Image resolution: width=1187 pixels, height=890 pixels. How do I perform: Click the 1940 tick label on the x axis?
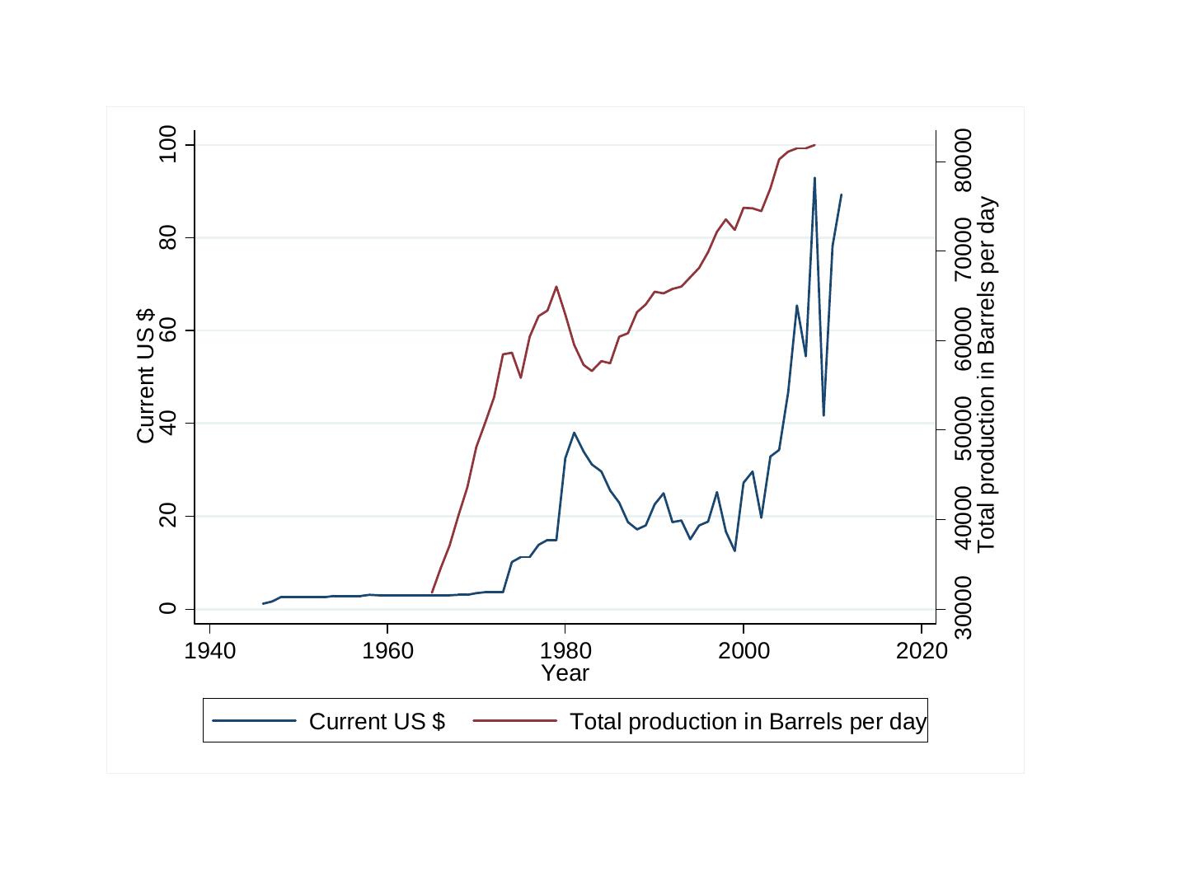click(x=209, y=652)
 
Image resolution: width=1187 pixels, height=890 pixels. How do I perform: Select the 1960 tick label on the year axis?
click(x=387, y=652)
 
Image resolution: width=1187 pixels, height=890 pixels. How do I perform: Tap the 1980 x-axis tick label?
click(x=565, y=652)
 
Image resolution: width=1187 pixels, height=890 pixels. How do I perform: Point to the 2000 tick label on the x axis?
click(x=744, y=652)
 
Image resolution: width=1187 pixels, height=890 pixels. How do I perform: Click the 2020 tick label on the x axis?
click(x=922, y=652)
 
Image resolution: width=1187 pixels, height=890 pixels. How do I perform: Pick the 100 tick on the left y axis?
click(x=168, y=145)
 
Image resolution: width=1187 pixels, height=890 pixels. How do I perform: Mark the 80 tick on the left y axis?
click(x=168, y=238)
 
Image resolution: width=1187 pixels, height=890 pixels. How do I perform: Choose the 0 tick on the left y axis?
click(x=168, y=609)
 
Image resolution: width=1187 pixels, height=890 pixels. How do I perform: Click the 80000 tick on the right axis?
click(x=963, y=162)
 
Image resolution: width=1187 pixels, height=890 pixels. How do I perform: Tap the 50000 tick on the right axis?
click(x=963, y=429)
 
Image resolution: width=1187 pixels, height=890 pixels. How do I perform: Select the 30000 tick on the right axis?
click(x=963, y=609)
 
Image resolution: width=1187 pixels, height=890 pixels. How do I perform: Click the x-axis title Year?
click(x=565, y=673)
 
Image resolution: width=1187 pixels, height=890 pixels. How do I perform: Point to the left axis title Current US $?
click(x=145, y=376)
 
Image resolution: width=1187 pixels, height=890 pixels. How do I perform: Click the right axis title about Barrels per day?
click(x=987, y=376)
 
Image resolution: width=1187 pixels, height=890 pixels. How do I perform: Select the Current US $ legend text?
click(x=377, y=722)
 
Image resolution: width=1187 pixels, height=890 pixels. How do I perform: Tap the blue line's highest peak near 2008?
click(x=814, y=178)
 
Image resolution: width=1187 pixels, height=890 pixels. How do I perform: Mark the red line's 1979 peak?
click(x=556, y=287)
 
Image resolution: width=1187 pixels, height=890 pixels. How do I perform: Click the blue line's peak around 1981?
click(x=575, y=433)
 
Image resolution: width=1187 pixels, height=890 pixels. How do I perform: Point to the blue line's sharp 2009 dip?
click(x=823, y=415)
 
